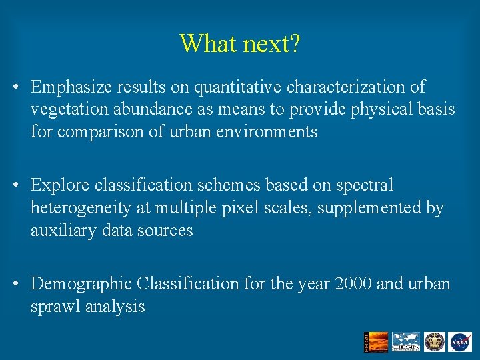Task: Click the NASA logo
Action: (460, 341)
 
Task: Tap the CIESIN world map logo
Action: (405, 341)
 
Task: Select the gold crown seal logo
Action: (434, 341)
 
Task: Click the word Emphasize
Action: (71, 87)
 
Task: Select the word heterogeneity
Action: (81, 208)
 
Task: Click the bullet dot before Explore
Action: (15, 185)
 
